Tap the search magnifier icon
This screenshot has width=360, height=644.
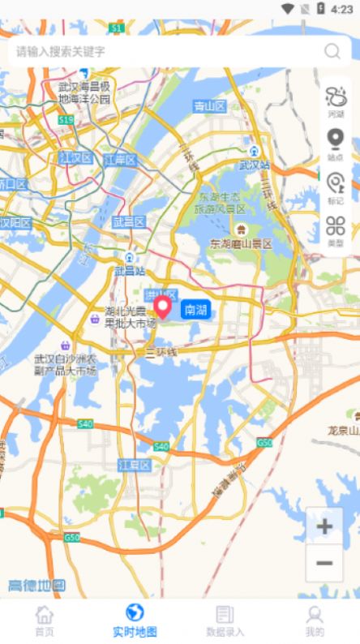(x=332, y=51)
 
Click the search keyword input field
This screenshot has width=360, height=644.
(x=162, y=51)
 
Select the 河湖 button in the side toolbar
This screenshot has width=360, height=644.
(x=335, y=102)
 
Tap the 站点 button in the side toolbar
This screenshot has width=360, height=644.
(x=335, y=144)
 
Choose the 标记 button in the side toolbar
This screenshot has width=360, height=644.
(x=335, y=187)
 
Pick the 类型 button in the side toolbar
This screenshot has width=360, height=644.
(x=335, y=230)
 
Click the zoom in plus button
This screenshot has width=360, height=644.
(x=324, y=527)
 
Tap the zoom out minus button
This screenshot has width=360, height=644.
(x=324, y=563)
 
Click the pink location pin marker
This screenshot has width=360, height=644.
(x=162, y=307)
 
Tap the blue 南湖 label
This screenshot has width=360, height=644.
(x=195, y=309)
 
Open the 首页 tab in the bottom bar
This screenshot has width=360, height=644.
(x=45, y=620)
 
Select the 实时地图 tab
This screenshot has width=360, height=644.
(x=135, y=620)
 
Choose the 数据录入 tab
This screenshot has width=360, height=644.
(x=225, y=620)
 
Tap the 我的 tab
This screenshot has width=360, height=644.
(x=315, y=620)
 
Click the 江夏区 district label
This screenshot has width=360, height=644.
(x=134, y=465)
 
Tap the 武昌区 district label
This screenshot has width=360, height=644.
(x=128, y=221)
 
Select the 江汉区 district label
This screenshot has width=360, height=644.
(x=76, y=157)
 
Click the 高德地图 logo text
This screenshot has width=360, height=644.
(x=36, y=586)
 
